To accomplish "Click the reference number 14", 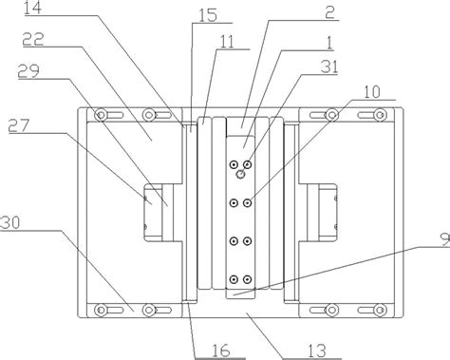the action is [x=33, y=8].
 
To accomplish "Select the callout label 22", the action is [x=33, y=40].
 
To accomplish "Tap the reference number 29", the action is [x=28, y=71].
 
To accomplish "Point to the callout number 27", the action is [x=19, y=125].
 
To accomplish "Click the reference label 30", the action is [x=9, y=223].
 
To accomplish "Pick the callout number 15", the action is [x=208, y=15].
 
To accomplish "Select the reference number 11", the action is [x=226, y=42].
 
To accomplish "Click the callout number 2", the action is [x=329, y=12].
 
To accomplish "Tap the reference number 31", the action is [x=329, y=67].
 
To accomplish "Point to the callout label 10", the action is [x=372, y=92].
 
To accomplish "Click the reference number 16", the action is [x=220, y=351].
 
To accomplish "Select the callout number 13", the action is [x=316, y=351].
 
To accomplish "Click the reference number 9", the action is [x=445, y=239].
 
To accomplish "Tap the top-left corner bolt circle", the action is [x=102, y=115].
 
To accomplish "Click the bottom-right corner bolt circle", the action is [x=380, y=310].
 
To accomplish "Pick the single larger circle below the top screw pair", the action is [x=241, y=174].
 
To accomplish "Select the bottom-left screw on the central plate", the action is [x=234, y=279].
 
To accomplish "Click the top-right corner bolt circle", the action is [x=380, y=115].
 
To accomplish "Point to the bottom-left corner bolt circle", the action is [x=102, y=310].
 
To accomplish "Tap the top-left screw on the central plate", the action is [x=234, y=164].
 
